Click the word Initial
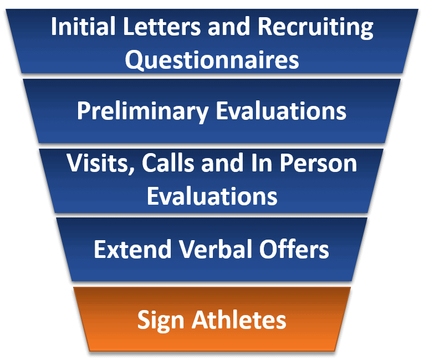click(83, 26)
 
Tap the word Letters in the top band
click(162, 26)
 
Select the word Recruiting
click(315, 28)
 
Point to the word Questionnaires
click(212, 60)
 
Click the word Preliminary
click(142, 111)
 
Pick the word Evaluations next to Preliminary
click(281, 111)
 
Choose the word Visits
click(101, 164)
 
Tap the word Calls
click(168, 163)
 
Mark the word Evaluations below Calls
click(212, 195)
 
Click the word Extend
click(132, 249)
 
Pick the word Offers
click(294, 249)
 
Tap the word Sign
click(161, 321)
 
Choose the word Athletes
click(239, 320)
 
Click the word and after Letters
click(229, 26)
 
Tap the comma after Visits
click(132, 171)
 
